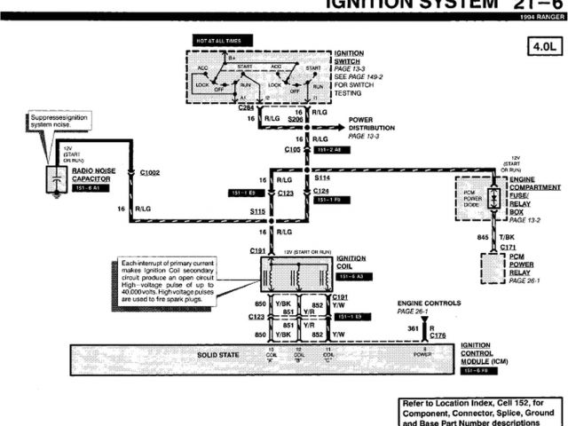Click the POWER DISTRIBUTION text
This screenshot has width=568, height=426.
(x=372, y=123)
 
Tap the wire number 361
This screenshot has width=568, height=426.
(x=412, y=329)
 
